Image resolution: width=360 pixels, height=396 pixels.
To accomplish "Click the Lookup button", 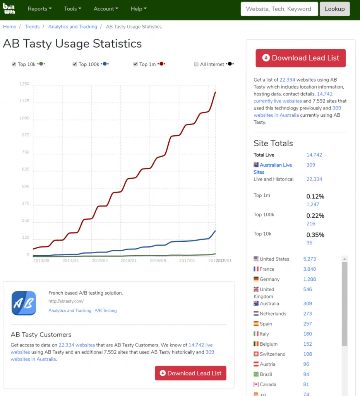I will point(334,9).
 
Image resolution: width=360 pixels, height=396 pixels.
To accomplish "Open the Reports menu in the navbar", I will point(39,9).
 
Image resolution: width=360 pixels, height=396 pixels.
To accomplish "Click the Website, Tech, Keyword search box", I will point(279,9).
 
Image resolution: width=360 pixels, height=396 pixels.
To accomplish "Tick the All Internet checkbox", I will point(196,64).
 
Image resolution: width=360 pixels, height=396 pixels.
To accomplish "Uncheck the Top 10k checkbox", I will point(14,64).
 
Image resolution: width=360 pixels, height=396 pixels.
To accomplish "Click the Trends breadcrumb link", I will point(32,27).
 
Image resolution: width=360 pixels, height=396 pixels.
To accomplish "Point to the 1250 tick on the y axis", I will point(24,84).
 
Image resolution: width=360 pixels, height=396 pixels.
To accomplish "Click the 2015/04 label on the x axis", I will point(100,261).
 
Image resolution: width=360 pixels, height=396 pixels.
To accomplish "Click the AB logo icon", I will point(24,303).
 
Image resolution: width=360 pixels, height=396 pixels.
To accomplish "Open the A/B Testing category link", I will point(105,311).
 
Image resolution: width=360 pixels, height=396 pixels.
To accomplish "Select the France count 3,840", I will point(310,269).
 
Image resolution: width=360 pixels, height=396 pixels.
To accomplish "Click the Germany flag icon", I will point(256,279).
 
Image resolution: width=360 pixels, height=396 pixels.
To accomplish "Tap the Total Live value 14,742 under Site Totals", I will point(314,155).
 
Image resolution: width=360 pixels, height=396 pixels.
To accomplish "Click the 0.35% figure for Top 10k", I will point(315,235).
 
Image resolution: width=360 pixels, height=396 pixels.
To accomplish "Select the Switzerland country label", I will point(273,354).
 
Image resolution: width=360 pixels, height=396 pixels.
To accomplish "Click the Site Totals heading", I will point(273,143).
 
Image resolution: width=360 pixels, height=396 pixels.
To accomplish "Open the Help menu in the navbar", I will point(139,9).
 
